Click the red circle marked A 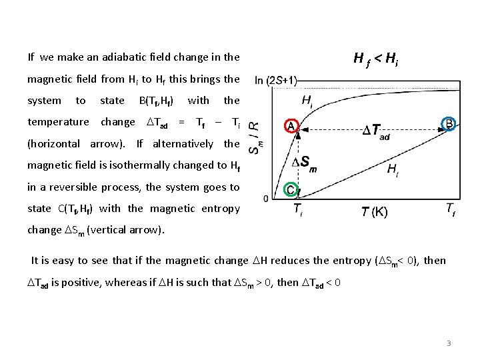291,125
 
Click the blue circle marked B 450,124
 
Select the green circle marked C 291,189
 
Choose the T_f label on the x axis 451,209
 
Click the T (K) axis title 375,212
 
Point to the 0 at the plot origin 266,199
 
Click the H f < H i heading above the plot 376,60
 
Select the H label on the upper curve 307,101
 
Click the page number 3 449,343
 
